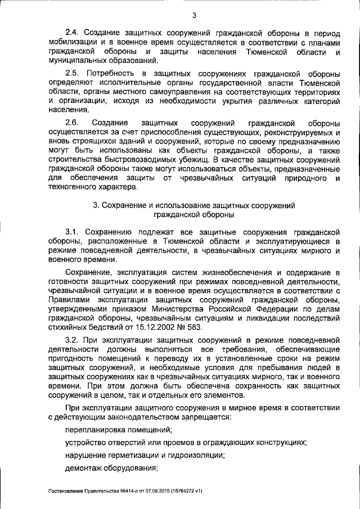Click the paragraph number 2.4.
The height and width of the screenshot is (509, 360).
pyautogui.click(x=73, y=33)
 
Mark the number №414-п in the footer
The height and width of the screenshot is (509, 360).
pyautogui.click(x=118, y=491)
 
